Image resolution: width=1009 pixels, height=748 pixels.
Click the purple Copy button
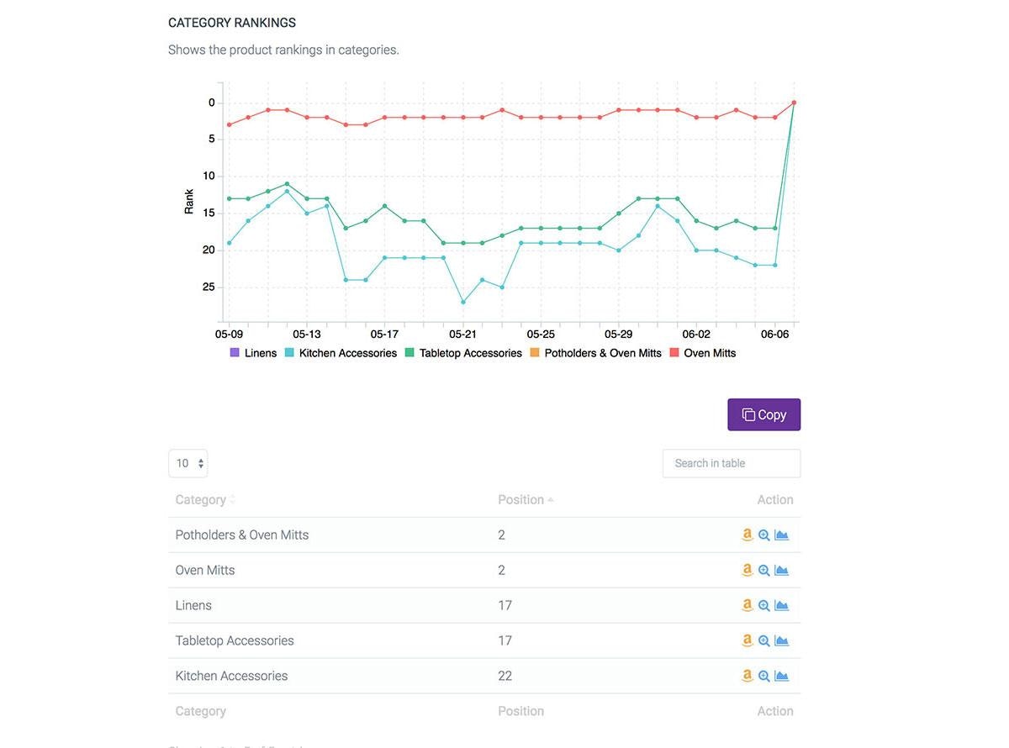763,414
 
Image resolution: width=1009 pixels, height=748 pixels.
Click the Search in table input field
731,463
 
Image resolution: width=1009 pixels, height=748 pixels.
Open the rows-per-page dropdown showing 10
188,463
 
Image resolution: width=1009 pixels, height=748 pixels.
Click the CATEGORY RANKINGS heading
232,23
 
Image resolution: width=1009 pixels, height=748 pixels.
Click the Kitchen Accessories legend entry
340,353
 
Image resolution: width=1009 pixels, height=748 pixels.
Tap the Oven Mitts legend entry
702,353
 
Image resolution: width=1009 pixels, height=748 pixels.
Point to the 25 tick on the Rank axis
208,287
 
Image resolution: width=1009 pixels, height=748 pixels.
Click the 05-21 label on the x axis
462,334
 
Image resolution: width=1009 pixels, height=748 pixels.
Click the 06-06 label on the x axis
774,334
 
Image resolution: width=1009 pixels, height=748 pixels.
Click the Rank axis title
189,201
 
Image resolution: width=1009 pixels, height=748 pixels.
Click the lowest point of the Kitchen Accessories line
462,302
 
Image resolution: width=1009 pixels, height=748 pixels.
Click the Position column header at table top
520,499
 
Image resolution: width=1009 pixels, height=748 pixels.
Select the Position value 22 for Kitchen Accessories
504,676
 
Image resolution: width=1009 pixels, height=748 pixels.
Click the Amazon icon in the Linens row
747,605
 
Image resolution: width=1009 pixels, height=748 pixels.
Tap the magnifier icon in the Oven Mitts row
763,570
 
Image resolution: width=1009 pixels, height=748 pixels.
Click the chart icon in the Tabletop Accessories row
781,640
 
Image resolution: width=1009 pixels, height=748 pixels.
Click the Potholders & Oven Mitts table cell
242,535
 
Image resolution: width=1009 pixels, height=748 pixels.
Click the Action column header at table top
774,499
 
